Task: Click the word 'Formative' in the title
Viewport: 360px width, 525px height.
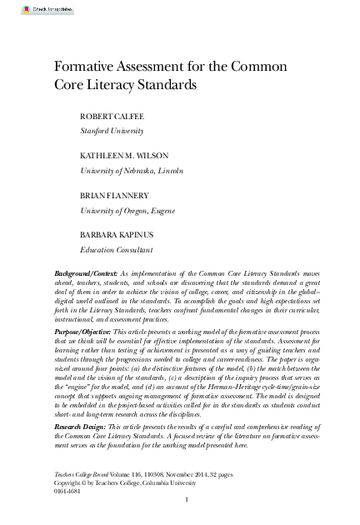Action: click(x=85, y=67)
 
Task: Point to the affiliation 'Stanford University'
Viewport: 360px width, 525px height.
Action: click(x=112, y=131)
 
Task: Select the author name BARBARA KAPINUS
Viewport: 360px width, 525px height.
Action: click(x=117, y=234)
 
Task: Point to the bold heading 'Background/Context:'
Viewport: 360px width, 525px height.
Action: click(x=86, y=273)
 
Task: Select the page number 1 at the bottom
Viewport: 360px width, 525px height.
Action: click(x=187, y=499)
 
